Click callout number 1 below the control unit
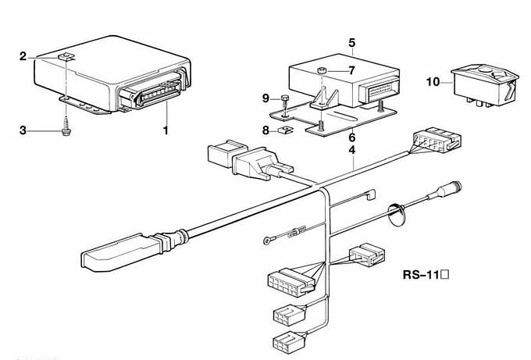coord(166,130)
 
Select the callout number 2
coord(23,56)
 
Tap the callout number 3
coord(23,130)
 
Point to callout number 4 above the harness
coord(352,150)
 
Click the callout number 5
coord(352,43)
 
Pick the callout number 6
coord(352,137)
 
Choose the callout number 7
coord(352,70)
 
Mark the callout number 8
coord(265,130)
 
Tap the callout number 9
coord(265,98)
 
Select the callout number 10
coord(433,82)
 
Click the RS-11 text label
coord(426,275)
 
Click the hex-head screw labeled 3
coord(66,127)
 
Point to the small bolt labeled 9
coord(285,103)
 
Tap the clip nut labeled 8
coord(283,129)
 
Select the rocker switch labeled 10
coord(485,85)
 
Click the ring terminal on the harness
coord(267,241)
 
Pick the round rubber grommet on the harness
coord(397,215)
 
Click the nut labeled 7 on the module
coord(322,71)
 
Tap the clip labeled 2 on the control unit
coord(66,57)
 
